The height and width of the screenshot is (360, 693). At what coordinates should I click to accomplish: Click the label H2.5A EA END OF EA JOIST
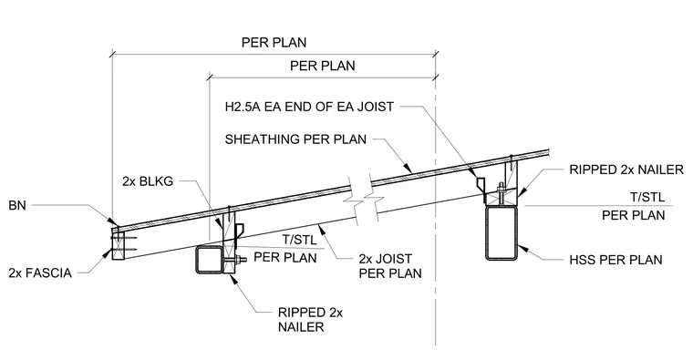pyautogui.click(x=309, y=107)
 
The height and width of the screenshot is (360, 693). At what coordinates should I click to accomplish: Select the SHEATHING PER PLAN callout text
pyautogui.click(x=295, y=139)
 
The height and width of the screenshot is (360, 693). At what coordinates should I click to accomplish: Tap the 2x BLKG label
pyautogui.click(x=148, y=181)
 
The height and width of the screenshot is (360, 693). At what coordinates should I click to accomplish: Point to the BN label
pyautogui.click(x=17, y=205)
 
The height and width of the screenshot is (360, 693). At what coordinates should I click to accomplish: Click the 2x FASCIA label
pyautogui.click(x=40, y=273)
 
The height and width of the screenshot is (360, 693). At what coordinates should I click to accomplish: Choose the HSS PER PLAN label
pyautogui.click(x=615, y=260)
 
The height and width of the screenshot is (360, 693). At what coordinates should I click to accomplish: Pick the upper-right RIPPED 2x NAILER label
pyautogui.click(x=626, y=170)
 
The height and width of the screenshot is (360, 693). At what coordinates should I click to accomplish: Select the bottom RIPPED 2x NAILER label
pyautogui.click(x=310, y=320)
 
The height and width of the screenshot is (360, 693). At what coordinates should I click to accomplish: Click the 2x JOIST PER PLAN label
pyautogui.click(x=390, y=266)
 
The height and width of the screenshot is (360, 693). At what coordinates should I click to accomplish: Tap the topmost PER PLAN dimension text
pyautogui.click(x=274, y=43)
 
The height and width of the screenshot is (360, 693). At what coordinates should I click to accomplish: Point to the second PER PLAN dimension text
pyautogui.click(x=323, y=66)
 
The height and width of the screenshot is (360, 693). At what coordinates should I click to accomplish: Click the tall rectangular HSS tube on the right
pyautogui.click(x=502, y=232)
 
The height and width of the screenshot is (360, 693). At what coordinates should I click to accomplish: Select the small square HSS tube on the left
pyautogui.click(x=210, y=260)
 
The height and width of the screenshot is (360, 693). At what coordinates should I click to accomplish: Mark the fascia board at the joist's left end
pyautogui.click(x=118, y=244)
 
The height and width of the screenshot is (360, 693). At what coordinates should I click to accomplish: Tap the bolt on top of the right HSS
pyautogui.click(x=502, y=192)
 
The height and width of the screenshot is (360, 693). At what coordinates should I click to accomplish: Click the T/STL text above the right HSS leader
pyautogui.click(x=647, y=197)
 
